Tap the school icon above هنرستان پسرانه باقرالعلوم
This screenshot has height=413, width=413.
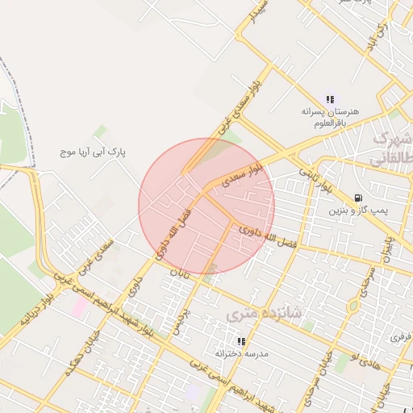point(330,98)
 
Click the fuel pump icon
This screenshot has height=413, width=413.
point(358,198)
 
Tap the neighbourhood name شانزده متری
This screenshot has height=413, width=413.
point(263,314)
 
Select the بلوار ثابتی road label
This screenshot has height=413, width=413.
point(315,179)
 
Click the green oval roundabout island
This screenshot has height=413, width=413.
point(353,307)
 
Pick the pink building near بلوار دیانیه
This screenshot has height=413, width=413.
point(79,307)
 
